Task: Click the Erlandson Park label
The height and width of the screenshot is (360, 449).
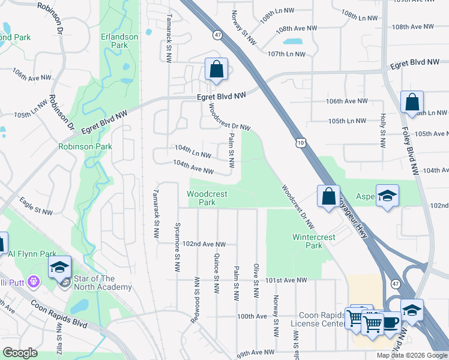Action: point(119,41)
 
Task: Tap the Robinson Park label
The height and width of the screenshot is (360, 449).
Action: point(85,146)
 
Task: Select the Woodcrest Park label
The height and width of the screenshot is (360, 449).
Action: point(201,198)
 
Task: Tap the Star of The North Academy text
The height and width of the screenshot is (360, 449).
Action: point(102,283)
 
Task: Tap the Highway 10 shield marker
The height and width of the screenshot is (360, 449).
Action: point(300,142)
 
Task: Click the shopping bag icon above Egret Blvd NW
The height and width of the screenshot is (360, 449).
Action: point(216,70)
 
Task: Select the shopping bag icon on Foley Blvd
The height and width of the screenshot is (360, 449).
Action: point(412,103)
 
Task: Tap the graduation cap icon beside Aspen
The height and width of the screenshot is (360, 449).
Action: point(388,196)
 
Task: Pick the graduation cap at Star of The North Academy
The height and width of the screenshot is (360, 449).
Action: point(60,267)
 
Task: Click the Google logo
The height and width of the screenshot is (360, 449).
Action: point(20,353)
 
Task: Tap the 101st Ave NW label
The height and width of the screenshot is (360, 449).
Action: point(287,280)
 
